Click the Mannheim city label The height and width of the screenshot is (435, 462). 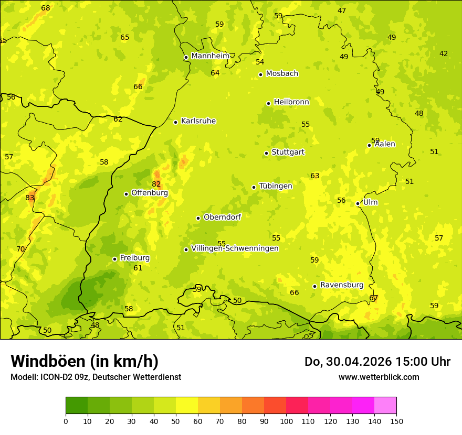click(x=210, y=56)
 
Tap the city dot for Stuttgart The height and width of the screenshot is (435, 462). click(x=266, y=153)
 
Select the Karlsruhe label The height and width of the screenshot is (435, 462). click(x=198, y=121)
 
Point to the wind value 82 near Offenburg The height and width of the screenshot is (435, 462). click(x=156, y=184)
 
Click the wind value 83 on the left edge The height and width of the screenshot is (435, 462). click(x=30, y=198)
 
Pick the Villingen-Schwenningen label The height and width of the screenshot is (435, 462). click(x=235, y=248)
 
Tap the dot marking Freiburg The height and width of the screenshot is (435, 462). click(x=114, y=259)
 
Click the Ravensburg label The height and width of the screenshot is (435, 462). click(x=341, y=285)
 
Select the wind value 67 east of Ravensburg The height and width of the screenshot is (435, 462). click(x=374, y=298)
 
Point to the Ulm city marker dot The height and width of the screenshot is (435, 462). click(x=358, y=203)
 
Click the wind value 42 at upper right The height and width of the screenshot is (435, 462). click(x=444, y=53)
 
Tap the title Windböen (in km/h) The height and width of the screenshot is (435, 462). click(x=85, y=361)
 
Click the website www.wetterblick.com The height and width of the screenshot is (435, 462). click(x=379, y=377)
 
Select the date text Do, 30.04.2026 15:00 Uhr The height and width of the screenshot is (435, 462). click(x=377, y=362)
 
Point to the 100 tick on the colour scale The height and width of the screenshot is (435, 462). click(x=286, y=421)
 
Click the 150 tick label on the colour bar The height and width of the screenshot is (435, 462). click(x=396, y=421)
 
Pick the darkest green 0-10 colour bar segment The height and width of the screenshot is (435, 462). click(x=77, y=406)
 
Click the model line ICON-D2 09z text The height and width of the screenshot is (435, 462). click(x=96, y=377)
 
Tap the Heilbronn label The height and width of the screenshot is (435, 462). click(x=291, y=102)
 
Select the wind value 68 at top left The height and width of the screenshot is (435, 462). click(x=46, y=8)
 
